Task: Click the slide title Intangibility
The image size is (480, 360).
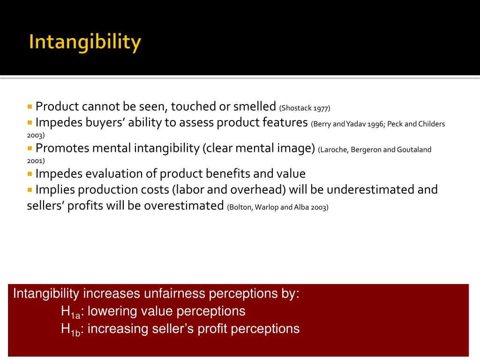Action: click(84, 43)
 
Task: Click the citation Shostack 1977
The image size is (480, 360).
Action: click(305, 108)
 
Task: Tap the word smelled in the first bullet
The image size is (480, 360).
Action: click(254, 106)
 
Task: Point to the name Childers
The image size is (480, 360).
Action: click(432, 124)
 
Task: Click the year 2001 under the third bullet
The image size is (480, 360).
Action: click(36, 160)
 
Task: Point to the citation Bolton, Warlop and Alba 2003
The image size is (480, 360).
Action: click(278, 207)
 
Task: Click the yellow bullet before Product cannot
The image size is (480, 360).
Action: click(30, 106)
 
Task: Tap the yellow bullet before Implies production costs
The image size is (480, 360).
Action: click(30, 189)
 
